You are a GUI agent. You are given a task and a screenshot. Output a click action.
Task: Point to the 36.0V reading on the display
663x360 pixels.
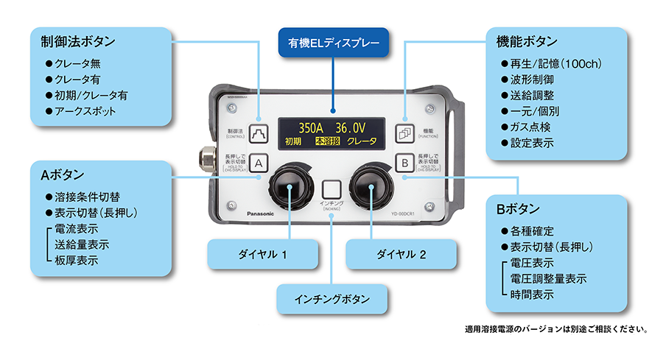coord(352,126)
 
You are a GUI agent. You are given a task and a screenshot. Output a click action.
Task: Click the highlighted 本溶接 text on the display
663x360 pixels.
coord(326,141)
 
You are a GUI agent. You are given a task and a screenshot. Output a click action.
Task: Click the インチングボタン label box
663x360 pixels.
coord(331,300)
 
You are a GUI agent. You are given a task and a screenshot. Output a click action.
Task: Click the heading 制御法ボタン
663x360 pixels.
coord(78,40)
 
